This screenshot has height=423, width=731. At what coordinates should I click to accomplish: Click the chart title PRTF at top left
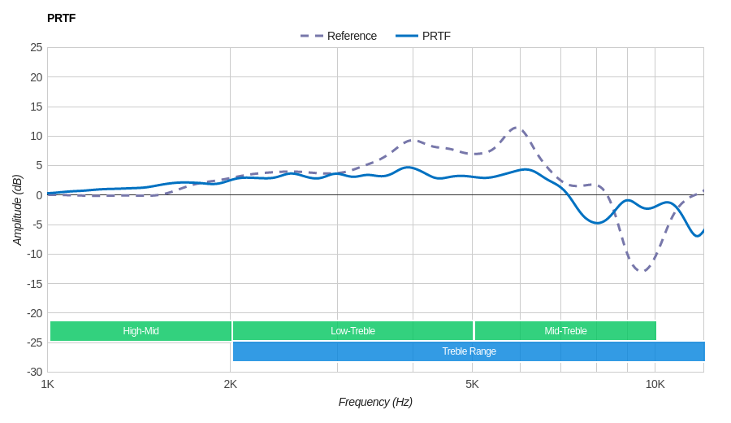61,18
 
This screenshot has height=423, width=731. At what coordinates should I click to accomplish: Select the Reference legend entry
339,36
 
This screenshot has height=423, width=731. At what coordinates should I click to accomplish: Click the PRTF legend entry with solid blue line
423,36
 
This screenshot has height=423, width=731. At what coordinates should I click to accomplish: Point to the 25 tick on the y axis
37,47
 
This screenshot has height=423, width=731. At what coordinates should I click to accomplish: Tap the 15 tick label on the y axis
37,107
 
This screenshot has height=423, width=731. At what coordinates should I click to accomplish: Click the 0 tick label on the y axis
39,195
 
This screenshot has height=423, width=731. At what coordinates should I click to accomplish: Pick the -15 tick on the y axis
35,284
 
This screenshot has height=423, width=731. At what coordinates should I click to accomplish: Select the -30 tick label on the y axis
35,372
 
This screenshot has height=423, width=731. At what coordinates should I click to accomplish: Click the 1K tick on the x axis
48,384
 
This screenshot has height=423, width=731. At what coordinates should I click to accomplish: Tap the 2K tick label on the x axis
231,384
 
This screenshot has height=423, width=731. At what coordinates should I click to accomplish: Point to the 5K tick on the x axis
472,384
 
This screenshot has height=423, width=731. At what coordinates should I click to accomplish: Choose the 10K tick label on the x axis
655,384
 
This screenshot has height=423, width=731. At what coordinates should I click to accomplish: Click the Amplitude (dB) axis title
18,210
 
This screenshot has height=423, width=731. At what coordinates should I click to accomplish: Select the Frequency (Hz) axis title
375,402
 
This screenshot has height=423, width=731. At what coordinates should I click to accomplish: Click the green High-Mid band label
141,331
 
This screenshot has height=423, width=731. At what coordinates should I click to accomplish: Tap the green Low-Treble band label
353,331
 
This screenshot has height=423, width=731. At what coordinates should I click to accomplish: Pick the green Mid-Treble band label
565,331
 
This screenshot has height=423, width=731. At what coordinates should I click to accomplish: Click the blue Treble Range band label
469,351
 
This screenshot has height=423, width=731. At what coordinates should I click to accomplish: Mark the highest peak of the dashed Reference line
517,128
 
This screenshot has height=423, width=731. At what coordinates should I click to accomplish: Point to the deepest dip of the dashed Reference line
642,271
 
